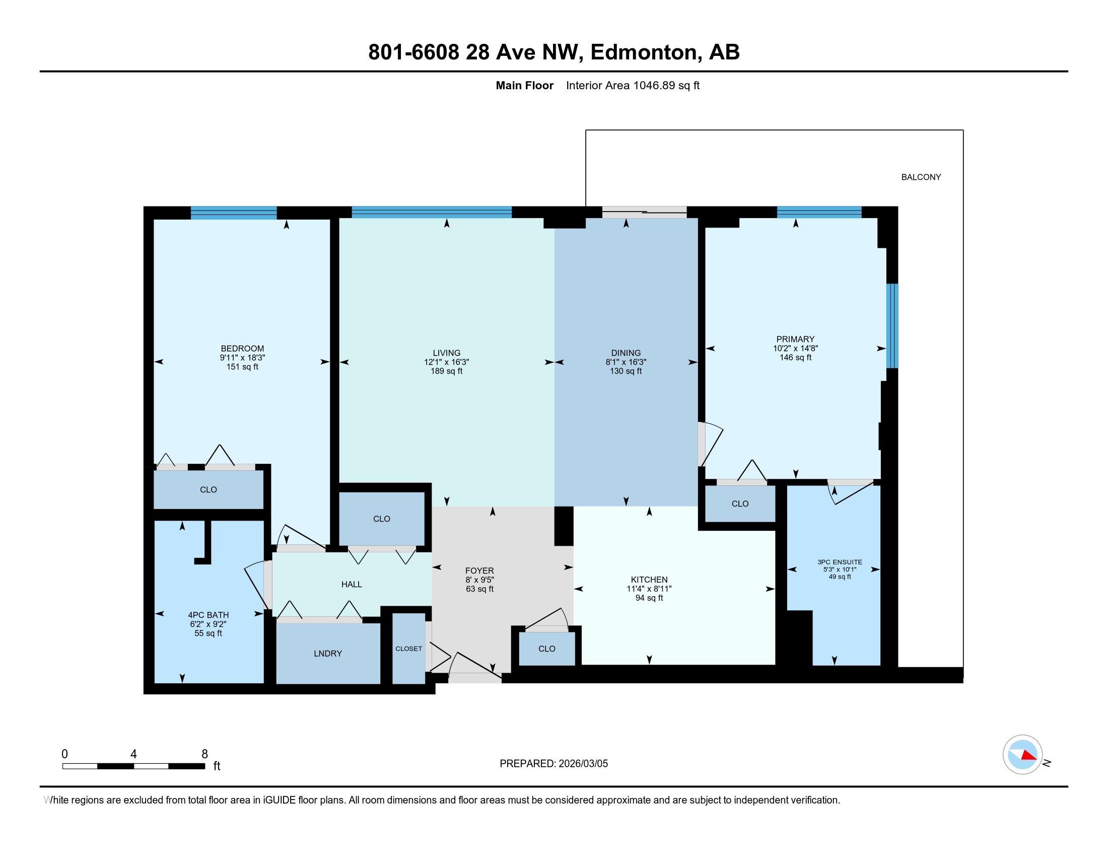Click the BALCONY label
tap(921, 177)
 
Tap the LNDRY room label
tap(328, 653)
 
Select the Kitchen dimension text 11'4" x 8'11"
tap(649, 589)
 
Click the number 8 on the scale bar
tap(204, 754)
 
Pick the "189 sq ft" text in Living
tap(446, 371)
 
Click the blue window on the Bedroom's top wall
tap(234, 212)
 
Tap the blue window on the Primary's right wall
tap(892, 326)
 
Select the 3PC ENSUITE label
tap(840, 562)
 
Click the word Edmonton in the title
tap(643, 52)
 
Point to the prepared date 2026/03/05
tap(582, 763)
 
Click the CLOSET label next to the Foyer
tap(408, 649)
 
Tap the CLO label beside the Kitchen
tap(547, 649)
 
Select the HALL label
tap(352, 584)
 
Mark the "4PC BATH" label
tap(209, 615)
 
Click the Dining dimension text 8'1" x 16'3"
tap(626, 362)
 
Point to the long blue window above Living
tap(432, 212)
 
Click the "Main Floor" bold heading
tap(525, 85)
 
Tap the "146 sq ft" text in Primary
tap(795, 358)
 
